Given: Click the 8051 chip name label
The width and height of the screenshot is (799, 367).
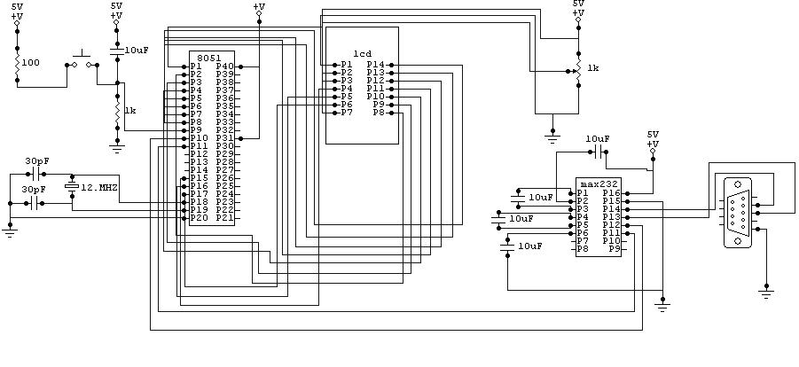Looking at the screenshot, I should (209, 58).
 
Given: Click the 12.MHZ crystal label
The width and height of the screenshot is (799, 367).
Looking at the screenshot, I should (99, 188).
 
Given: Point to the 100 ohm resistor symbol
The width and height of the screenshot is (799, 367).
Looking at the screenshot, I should (17, 63).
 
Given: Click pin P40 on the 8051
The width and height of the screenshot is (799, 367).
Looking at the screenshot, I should (225, 66).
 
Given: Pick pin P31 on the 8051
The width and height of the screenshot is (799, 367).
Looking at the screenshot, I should (225, 138).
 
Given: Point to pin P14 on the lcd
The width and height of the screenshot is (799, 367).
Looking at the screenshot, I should (375, 65).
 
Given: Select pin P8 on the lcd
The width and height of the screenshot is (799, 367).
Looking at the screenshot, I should (379, 113).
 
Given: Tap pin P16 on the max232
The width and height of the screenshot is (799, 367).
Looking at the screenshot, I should (610, 193).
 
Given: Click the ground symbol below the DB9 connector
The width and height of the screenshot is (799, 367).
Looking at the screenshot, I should (766, 289).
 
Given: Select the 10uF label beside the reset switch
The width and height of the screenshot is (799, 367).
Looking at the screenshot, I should (137, 51).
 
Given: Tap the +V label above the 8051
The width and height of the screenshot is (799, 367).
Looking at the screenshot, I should (258, 7).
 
